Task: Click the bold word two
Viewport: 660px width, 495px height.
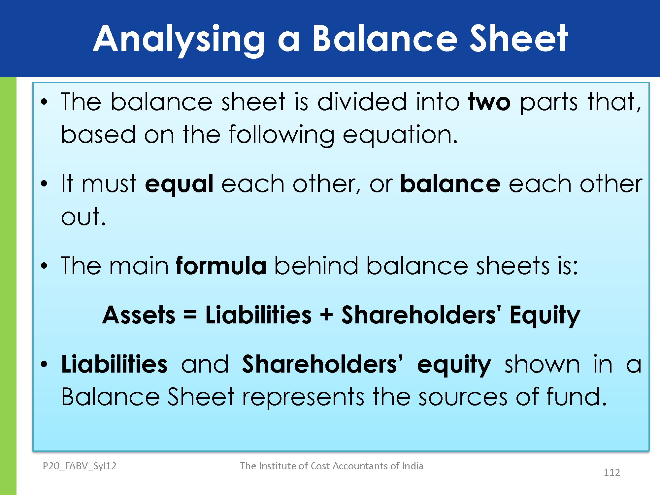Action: pyautogui.click(x=489, y=102)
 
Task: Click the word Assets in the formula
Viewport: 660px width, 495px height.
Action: pyautogui.click(x=139, y=315)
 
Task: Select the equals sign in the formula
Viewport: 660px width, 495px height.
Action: pyautogui.click(x=190, y=315)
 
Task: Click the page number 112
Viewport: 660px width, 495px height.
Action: pyautogui.click(x=612, y=473)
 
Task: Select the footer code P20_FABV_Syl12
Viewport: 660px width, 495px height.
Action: pyautogui.click(x=80, y=466)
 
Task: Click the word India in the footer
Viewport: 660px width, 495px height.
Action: pyautogui.click(x=412, y=466)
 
